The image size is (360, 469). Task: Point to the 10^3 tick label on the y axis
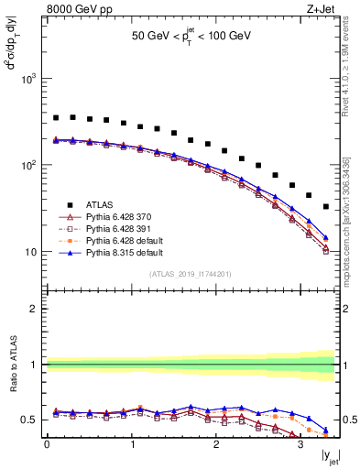30,79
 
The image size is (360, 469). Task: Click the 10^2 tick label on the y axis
30,166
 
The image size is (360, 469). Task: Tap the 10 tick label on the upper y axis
33,252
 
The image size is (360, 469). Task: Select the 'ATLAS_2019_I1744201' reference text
190,274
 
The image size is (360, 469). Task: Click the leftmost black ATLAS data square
56,117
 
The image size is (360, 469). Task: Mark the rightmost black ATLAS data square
326,207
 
